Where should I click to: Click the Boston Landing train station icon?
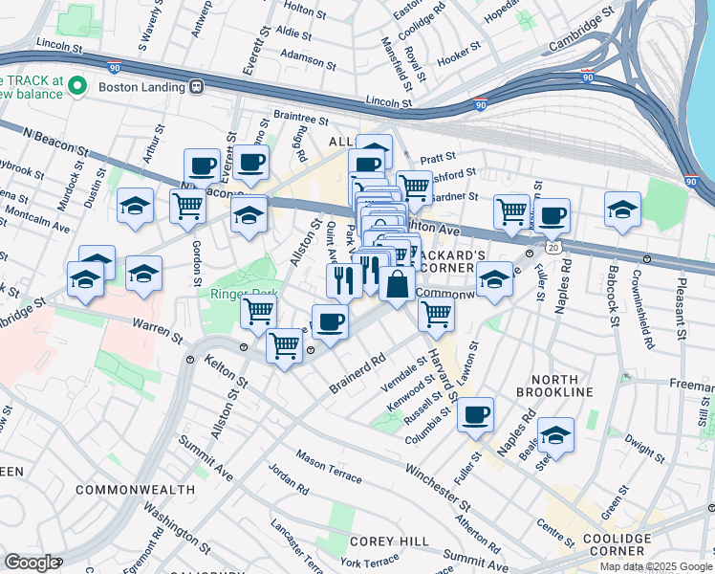pyautogui.click(x=197, y=87)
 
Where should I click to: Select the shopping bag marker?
pyautogui.click(x=397, y=285)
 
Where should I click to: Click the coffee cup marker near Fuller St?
pyautogui.click(x=475, y=416)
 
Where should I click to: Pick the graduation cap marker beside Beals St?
pyautogui.click(x=555, y=435)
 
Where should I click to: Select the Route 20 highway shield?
pyautogui.click(x=553, y=247)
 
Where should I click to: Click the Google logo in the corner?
pyautogui.click(x=31, y=563)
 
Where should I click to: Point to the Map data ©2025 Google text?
pyautogui.click(x=656, y=566)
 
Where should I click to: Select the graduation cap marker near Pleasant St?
pyautogui.click(x=622, y=210)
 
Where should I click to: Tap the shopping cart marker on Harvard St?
pyautogui.click(x=436, y=313)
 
